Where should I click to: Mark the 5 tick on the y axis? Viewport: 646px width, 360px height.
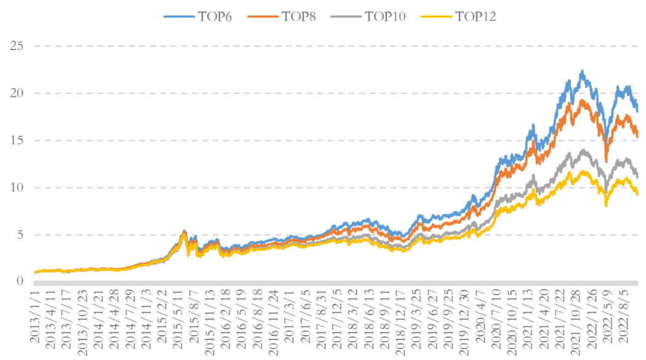pos(20,234)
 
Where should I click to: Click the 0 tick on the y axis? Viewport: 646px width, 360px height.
pos(20,281)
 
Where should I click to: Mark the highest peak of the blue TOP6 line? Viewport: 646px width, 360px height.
pos(582,71)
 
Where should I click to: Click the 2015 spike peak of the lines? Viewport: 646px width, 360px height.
pos(184,231)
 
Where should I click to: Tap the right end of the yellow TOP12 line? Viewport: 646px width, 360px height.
pos(637,194)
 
